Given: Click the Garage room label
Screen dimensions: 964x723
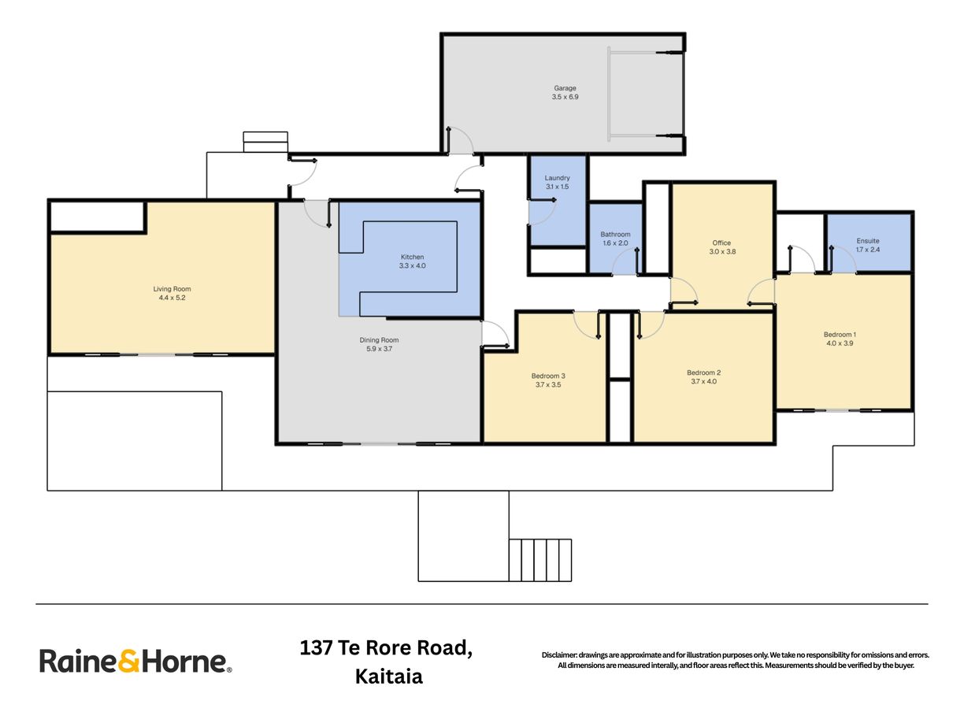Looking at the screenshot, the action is (x=565, y=88).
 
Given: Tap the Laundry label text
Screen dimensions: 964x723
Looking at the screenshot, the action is (x=557, y=178).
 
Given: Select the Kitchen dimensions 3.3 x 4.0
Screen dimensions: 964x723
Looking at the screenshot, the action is (x=412, y=265).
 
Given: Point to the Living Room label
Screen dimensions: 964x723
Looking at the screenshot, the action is (x=172, y=289).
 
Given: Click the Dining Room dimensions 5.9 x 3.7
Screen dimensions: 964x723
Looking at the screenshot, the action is (x=379, y=349).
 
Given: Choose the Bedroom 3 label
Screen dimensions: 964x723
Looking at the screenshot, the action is (x=548, y=376).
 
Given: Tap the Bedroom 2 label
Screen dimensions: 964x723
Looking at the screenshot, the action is (x=703, y=373).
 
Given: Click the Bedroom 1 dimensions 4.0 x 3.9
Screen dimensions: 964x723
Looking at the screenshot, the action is (x=840, y=343).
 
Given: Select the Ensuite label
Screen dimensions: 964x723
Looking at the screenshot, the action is (x=867, y=241).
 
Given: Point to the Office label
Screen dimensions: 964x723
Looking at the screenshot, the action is (x=721, y=243).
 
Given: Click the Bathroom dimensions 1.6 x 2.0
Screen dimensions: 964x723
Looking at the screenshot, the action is (x=615, y=243).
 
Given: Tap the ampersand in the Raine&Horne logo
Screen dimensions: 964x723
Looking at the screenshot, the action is (x=129, y=661).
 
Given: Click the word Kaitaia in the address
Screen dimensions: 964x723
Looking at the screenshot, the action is (x=389, y=677).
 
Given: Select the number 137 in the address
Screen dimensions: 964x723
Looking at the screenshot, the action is (x=316, y=648).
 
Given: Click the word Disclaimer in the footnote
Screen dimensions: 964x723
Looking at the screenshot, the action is (x=559, y=655).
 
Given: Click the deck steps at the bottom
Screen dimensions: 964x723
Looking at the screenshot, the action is (x=540, y=560).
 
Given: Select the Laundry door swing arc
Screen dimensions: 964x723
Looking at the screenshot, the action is (x=549, y=217).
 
